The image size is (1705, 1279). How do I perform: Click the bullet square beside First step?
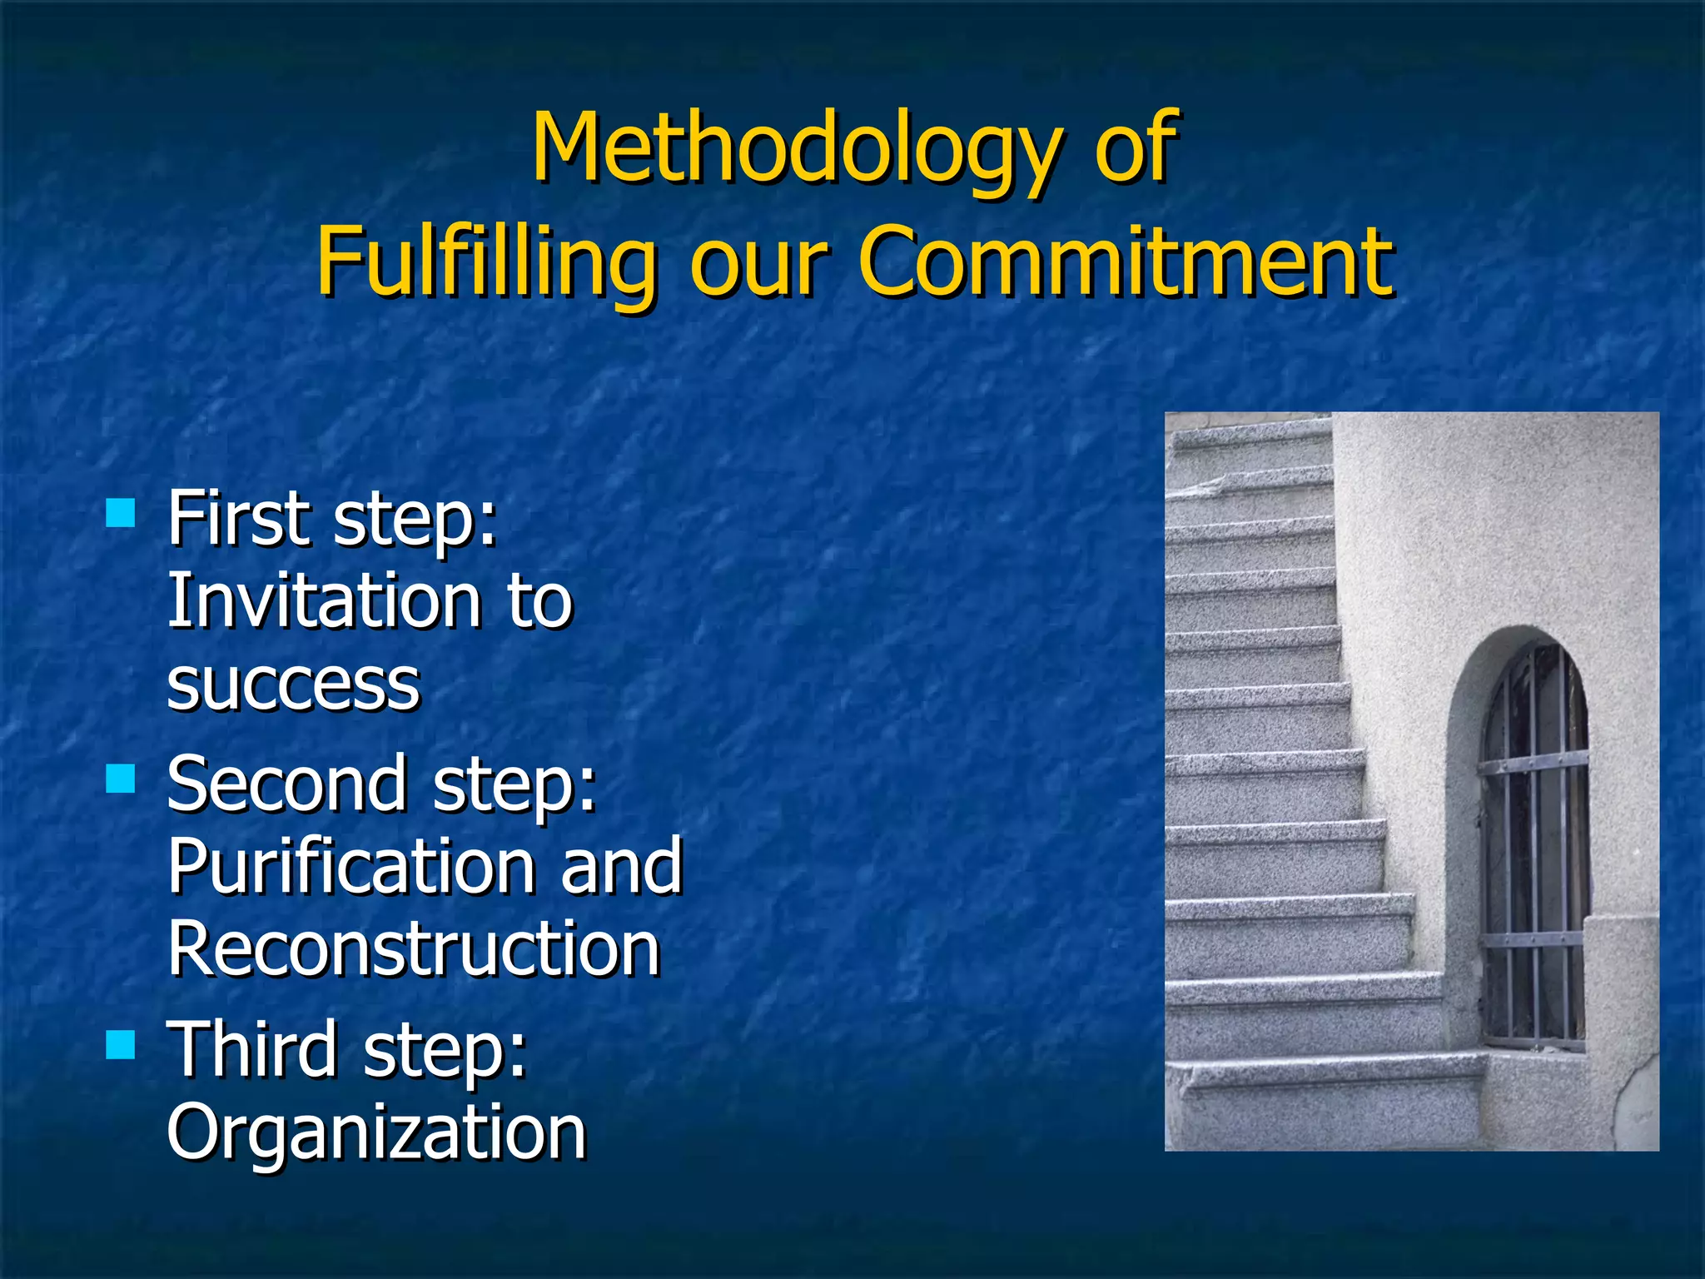pos(121,514)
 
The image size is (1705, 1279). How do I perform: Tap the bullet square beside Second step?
pos(121,779)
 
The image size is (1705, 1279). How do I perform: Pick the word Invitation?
pos(324,600)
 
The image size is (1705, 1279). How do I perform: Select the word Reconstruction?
pos(414,949)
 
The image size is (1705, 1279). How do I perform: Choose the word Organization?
pos(376,1132)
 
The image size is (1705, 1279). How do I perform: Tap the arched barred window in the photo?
pos(1534,841)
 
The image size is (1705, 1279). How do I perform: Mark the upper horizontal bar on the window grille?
pos(1534,761)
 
